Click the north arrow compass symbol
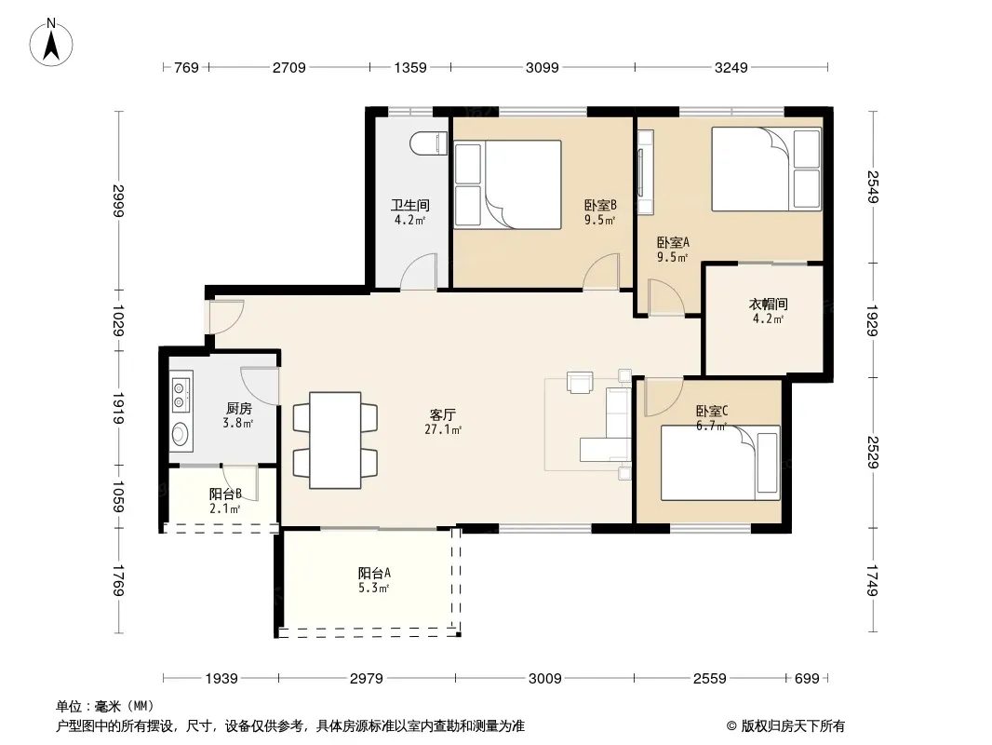click(51, 43)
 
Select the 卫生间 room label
click(410, 205)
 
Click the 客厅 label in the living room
click(443, 415)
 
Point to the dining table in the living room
click(335, 440)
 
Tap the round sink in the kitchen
click(181, 434)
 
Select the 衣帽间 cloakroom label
click(768, 305)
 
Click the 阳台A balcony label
click(374, 574)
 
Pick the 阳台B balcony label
click(225, 494)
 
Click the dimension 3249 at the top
click(731, 67)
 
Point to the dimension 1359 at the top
click(410, 67)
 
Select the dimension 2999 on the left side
click(117, 200)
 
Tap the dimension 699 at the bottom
click(807, 679)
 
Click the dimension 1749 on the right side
click(873, 580)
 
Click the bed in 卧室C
click(720, 463)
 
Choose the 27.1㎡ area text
click(443, 430)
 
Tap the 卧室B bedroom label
click(599, 205)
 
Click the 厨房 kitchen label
click(238, 409)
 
